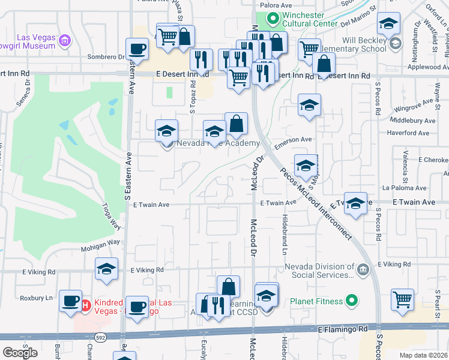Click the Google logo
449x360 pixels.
tap(20, 353)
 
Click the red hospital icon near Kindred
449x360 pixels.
tap(85, 305)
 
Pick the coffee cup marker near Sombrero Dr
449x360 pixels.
tap(137, 49)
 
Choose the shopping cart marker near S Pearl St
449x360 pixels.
tap(402, 299)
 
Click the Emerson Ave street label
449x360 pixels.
tap(293, 139)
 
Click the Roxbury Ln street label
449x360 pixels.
tap(37, 298)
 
